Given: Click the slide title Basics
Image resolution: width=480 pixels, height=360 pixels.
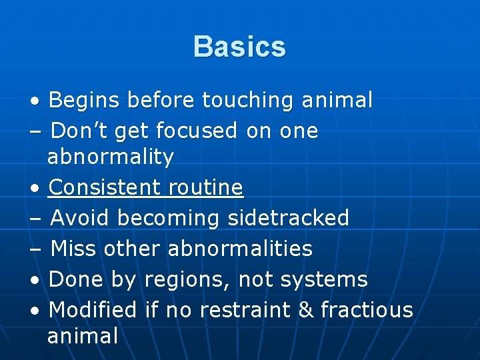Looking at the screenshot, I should pyautogui.click(x=239, y=47).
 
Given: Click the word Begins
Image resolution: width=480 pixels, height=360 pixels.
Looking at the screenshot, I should pyautogui.click(x=84, y=101).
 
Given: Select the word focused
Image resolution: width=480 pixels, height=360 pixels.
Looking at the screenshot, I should pyautogui.click(x=195, y=131).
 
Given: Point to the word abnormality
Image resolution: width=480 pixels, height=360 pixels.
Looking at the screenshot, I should pyautogui.click(x=111, y=158).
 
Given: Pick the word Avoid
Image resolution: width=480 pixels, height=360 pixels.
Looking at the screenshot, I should pyautogui.click(x=81, y=218).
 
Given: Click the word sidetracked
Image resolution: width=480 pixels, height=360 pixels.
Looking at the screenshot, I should pyautogui.click(x=289, y=218).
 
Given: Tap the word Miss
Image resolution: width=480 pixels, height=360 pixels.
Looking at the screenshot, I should pyautogui.click(x=73, y=249).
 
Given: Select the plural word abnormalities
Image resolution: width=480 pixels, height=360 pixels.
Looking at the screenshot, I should pyautogui.click(x=240, y=249).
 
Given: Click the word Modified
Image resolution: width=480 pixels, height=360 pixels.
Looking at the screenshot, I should pyautogui.click(x=93, y=310).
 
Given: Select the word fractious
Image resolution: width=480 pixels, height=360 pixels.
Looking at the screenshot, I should pyautogui.click(x=367, y=310).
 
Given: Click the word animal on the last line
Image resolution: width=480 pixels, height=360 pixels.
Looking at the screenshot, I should pyautogui.click(x=83, y=336).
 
